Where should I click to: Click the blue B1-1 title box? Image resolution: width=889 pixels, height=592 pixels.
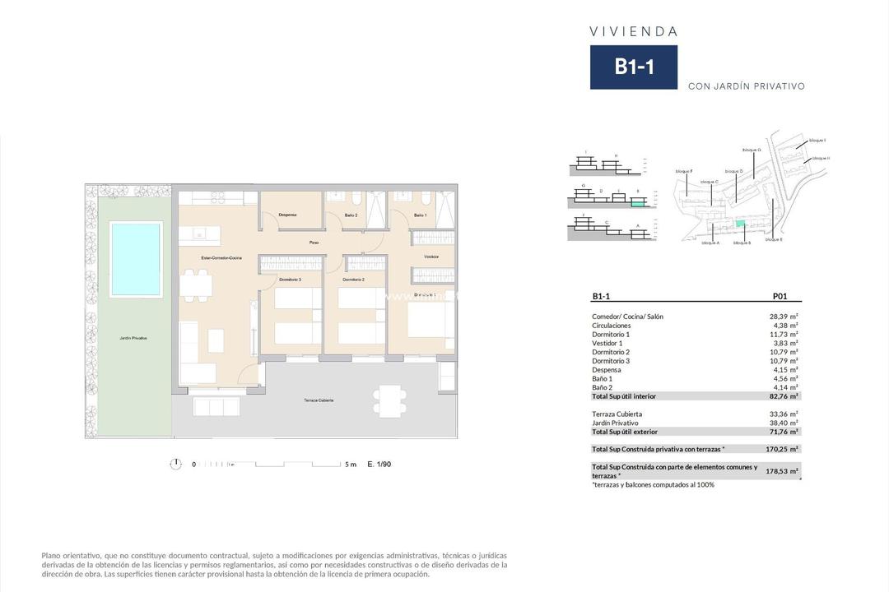634,67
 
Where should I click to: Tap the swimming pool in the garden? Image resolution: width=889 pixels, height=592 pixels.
137,259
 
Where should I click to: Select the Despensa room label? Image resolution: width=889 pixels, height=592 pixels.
287,215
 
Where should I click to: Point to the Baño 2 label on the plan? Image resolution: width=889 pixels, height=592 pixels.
351,215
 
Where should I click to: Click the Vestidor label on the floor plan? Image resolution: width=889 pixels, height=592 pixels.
431,257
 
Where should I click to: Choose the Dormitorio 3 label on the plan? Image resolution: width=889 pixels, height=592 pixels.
289,280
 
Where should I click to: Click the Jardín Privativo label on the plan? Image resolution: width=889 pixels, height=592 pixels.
133,338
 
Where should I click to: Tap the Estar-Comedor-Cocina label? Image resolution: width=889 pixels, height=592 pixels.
221,259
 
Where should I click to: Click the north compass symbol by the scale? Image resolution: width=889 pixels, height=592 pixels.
175,464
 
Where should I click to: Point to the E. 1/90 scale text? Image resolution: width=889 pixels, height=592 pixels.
379,465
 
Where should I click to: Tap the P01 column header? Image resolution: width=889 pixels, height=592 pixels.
781,297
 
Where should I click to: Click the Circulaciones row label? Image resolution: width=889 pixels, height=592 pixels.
612,326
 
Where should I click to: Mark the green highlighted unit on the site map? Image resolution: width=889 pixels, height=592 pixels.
738,224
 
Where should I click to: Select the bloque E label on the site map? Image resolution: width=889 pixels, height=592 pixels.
773,239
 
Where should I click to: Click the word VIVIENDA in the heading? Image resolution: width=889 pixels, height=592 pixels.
634,31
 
